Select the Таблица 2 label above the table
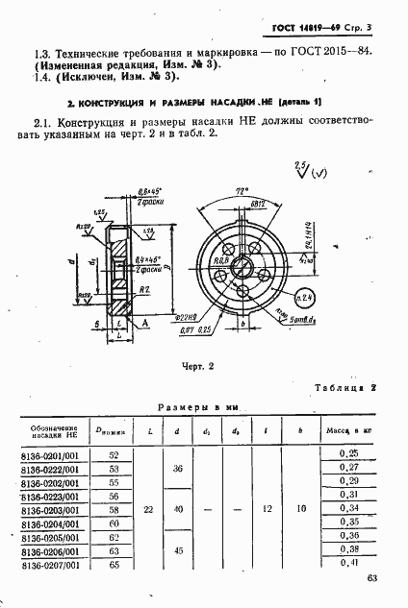(343, 387)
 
